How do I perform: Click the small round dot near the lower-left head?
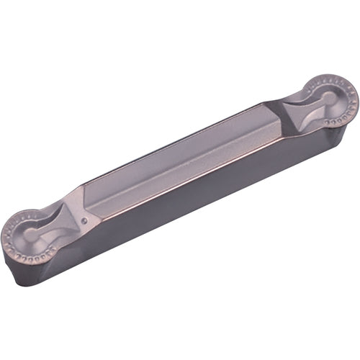coord(85,220)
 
